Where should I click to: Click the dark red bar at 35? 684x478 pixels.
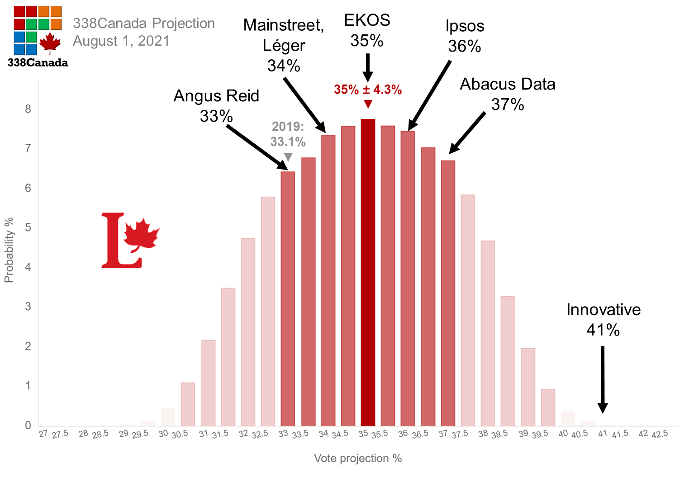368,272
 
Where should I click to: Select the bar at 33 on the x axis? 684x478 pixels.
288,299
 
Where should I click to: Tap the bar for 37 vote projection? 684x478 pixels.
448,293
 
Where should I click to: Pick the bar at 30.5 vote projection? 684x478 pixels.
188,404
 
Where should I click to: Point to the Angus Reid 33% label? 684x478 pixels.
216,106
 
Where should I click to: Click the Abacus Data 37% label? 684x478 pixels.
508,94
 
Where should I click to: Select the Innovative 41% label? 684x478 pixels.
603,320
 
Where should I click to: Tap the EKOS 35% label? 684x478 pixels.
367,30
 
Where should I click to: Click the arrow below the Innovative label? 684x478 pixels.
603,379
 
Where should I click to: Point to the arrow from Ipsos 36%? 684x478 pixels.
429,95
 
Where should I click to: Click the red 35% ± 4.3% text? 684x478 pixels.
368,90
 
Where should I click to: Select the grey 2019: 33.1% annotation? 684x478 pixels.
288,134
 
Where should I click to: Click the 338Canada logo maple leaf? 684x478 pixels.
50,43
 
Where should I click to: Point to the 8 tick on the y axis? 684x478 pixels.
28,109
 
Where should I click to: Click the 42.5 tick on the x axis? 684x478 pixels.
660,434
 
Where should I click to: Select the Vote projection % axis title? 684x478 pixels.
357,458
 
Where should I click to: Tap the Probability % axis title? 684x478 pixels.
9,250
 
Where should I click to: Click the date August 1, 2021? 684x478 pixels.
121,41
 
